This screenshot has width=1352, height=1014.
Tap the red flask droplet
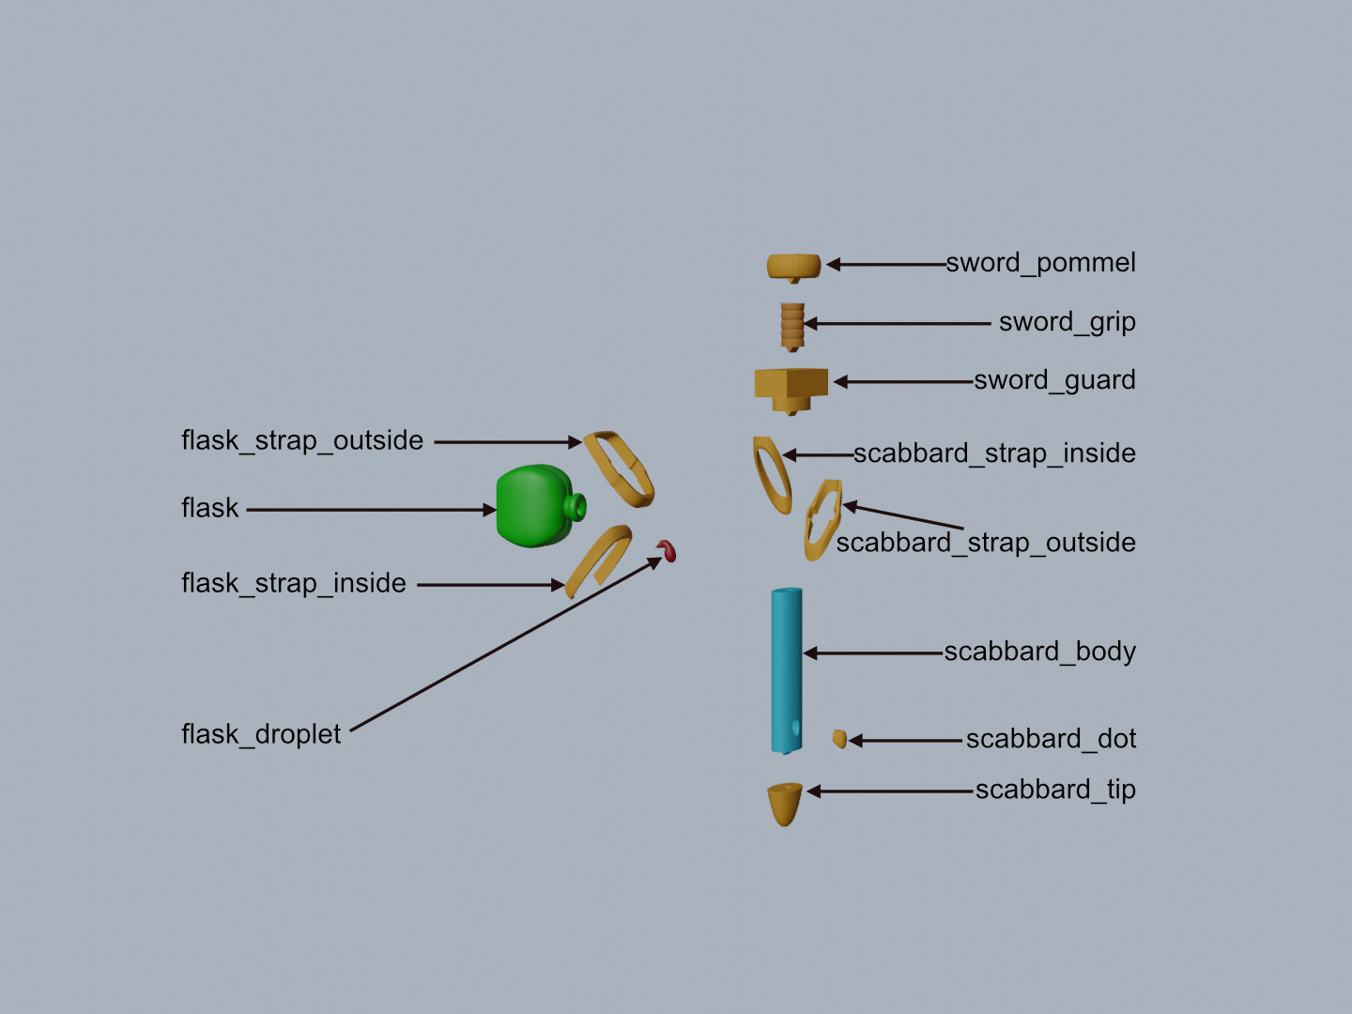click(x=667, y=550)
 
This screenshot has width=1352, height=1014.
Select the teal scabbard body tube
click(x=787, y=670)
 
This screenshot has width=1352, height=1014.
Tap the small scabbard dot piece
click(x=839, y=738)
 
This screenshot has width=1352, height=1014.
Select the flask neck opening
click(x=577, y=507)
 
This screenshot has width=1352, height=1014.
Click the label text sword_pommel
click(x=1040, y=263)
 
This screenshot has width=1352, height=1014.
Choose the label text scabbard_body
click(x=1039, y=652)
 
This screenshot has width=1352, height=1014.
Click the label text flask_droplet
click(x=261, y=734)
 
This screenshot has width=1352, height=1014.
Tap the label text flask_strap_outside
click(x=301, y=441)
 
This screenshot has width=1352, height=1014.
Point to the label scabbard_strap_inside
click(x=994, y=453)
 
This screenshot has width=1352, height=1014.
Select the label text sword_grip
click(x=1067, y=322)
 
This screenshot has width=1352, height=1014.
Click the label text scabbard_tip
click(x=1055, y=790)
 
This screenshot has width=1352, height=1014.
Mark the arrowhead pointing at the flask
click(x=490, y=510)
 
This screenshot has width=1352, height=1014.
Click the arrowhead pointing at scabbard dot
click(x=855, y=741)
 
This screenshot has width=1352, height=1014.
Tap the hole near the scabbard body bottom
click(x=795, y=728)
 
